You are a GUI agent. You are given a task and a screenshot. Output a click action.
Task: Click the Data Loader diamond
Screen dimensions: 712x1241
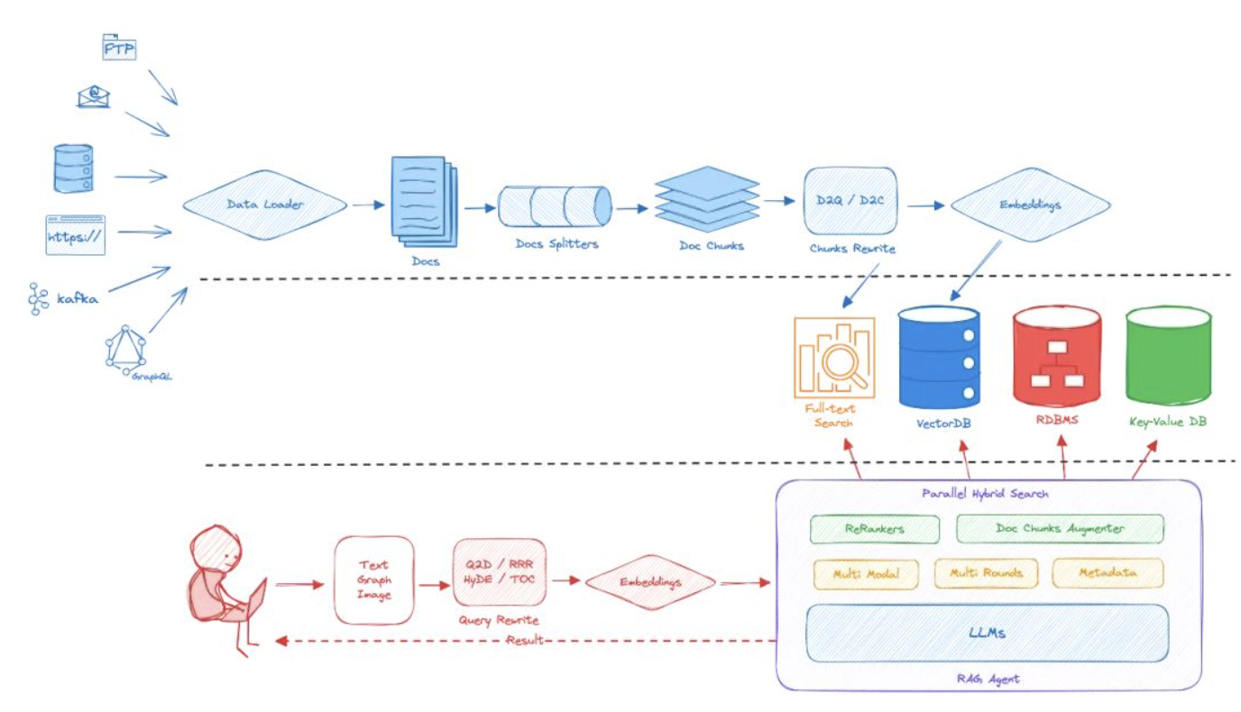click(265, 205)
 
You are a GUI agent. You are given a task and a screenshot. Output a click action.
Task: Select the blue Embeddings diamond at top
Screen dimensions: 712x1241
click(1030, 205)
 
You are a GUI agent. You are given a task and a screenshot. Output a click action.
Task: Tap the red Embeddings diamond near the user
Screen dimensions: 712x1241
click(649, 581)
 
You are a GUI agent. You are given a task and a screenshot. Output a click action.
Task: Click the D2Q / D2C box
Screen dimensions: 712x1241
click(850, 201)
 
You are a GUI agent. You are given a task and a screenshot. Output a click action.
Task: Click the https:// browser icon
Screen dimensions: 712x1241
click(76, 235)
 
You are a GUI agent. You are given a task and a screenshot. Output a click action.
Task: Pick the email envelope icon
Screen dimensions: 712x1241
click(93, 96)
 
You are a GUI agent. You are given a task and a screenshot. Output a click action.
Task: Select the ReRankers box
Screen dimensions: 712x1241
click(875, 529)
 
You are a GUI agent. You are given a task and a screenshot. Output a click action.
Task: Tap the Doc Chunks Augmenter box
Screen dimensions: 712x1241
click(1060, 529)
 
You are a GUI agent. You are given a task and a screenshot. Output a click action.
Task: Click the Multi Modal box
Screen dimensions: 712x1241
click(865, 573)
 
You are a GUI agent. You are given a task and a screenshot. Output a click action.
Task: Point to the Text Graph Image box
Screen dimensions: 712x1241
click(374, 580)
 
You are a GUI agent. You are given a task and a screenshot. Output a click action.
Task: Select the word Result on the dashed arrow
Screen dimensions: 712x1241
click(525, 641)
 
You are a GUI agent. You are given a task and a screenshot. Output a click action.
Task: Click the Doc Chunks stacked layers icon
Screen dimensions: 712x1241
click(708, 199)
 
